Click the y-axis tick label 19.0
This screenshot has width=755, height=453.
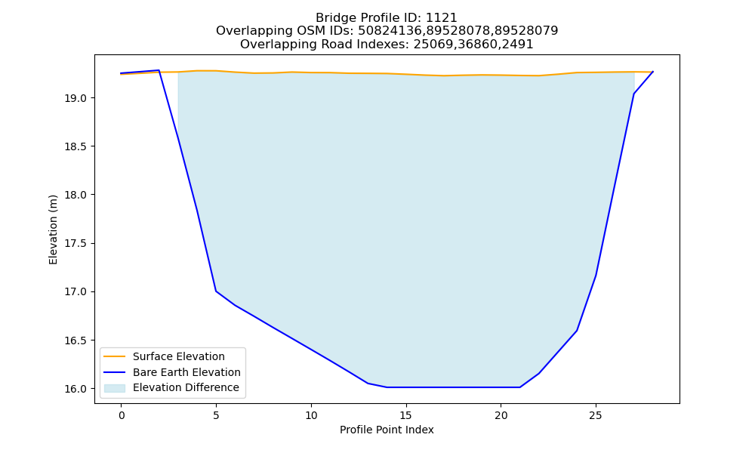(x=76, y=98)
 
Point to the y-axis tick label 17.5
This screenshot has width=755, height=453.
(x=76, y=244)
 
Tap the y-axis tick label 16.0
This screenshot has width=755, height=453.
(x=76, y=389)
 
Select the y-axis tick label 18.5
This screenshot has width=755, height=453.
(x=76, y=146)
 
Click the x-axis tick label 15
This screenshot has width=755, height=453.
(x=406, y=415)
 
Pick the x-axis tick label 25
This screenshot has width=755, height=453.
(x=596, y=415)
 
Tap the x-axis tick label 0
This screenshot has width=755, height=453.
(x=122, y=415)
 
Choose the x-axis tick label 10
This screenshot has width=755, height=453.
(x=311, y=415)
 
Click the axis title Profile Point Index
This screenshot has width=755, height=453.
(x=387, y=430)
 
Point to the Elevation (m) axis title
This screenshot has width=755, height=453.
(x=53, y=230)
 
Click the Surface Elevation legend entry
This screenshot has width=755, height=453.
(x=179, y=356)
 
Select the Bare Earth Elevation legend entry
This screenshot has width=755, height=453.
(x=186, y=372)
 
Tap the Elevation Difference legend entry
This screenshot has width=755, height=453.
(x=186, y=387)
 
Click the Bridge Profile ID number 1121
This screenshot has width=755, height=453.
(x=442, y=18)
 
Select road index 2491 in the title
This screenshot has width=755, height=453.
(x=518, y=45)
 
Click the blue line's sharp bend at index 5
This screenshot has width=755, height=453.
(x=216, y=291)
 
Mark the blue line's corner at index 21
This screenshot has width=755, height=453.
(x=519, y=387)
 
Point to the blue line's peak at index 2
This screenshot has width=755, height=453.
(x=159, y=70)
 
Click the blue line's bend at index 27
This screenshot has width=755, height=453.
(x=633, y=94)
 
